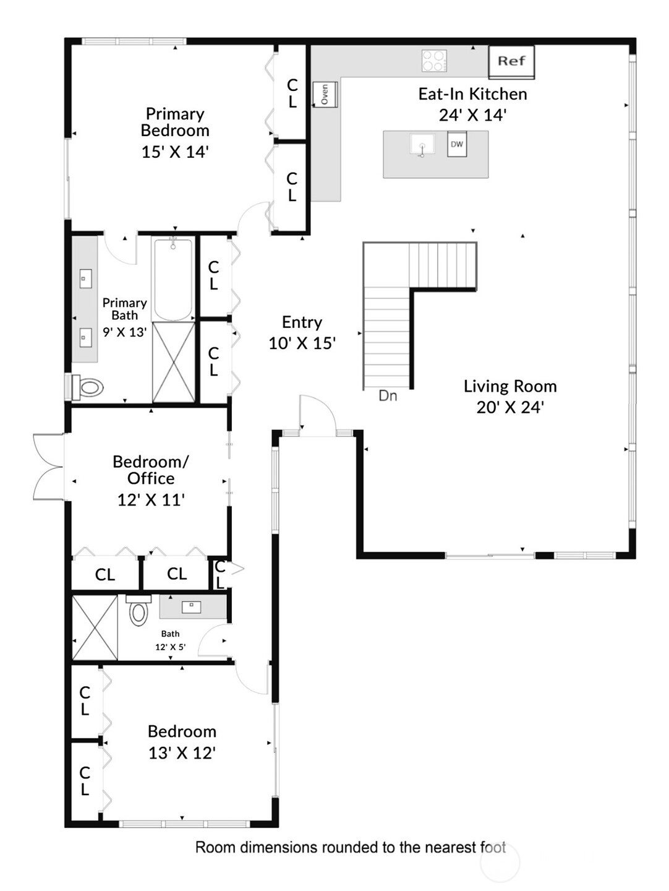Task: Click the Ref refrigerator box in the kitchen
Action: (x=511, y=61)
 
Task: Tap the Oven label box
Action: (x=324, y=94)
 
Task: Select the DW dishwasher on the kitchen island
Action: (x=457, y=144)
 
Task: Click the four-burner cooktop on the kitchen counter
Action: (x=434, y=61)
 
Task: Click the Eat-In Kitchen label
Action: (x=472, y=94)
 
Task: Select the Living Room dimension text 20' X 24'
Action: (x=509, y=407)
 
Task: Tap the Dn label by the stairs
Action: (x=388, y=396)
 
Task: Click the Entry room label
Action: (x=302, y=322)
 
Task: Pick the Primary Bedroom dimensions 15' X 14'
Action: (x=175, y=152)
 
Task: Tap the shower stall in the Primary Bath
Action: (x=173, y=361)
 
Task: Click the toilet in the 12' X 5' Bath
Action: (x=138, y=611)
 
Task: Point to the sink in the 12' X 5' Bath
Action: (x=191, y=606)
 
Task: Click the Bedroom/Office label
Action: (x=151, y=470)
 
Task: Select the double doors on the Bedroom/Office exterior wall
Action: (x=48, y=467)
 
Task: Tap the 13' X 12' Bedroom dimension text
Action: (x=182, y=753)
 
